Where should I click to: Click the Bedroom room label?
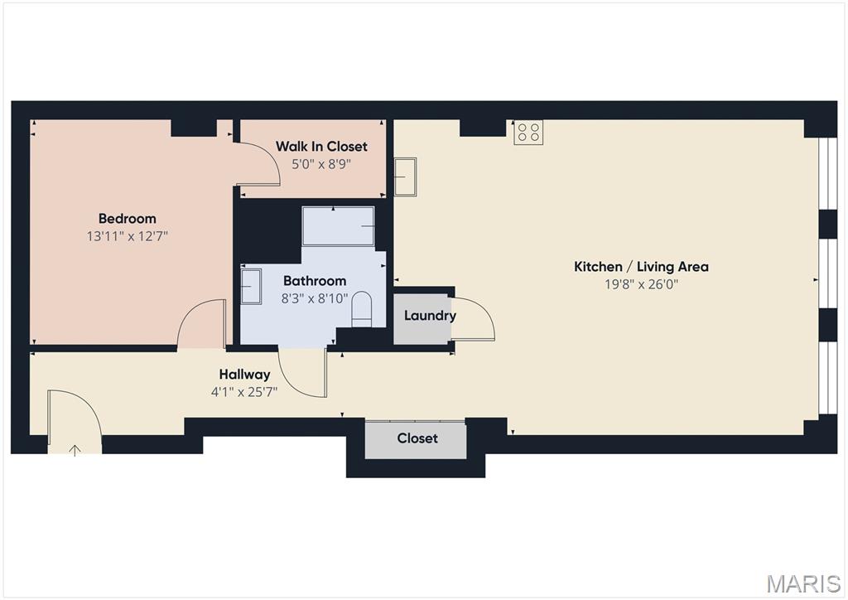point(127,219)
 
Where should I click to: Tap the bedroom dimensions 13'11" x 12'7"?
point(127,236)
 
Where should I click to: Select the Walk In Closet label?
point(321,146)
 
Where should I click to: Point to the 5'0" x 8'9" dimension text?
point(321,163)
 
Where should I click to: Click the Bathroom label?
point(315,281)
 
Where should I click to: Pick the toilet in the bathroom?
point(362,309)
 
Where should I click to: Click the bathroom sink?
point(251,286)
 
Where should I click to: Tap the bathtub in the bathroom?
point(338,225)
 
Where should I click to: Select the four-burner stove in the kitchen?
point(528,133)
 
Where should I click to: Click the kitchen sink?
point(405,177)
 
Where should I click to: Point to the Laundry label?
point(430,316)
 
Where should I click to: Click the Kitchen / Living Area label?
point(641,266)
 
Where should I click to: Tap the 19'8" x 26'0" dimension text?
point(641,284)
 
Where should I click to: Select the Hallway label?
point(244,375)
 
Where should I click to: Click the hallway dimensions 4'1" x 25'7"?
point(244,392)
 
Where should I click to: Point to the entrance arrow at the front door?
point(75,450)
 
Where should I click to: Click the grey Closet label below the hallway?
point(417,438)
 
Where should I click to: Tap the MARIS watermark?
point(803,583)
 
